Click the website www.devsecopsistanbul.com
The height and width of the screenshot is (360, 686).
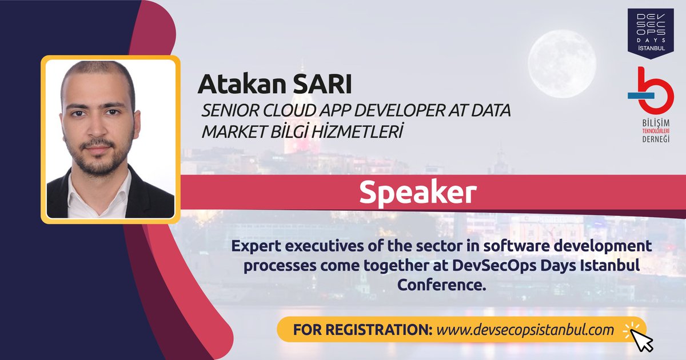click(525, 330)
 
